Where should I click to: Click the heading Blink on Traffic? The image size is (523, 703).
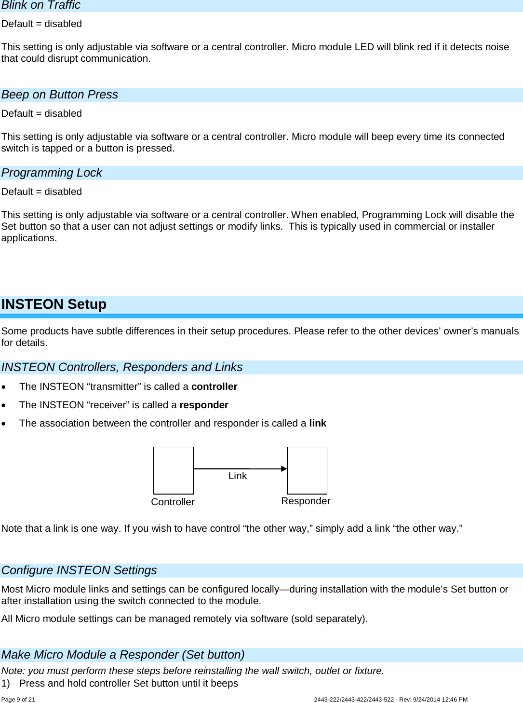point(41,5)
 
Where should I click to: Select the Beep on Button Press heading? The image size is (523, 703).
point(60,95)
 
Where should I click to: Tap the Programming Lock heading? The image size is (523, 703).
point(52,173)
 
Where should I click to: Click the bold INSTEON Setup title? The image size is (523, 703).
point(54,304)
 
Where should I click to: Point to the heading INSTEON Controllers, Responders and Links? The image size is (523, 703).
point(122,367)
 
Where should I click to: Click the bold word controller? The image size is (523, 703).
point(214,386)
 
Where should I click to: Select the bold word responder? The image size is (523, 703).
point(204,405)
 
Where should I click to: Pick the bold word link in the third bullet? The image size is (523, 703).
point(318,423)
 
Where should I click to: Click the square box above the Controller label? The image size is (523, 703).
point(174,470)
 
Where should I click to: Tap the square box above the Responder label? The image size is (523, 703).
point(307,470)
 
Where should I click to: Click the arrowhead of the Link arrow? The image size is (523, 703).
point(284,469)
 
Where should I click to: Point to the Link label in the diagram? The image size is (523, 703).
point(238,476)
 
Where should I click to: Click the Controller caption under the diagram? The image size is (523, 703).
point(173,502)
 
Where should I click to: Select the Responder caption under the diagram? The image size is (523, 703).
point(306,501)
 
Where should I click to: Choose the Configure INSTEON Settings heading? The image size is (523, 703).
point(79,570)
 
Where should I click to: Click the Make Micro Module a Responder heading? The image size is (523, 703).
point(123,655)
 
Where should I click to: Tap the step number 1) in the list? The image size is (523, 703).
point(6,683)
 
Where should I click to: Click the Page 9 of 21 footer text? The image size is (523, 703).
point(18,699)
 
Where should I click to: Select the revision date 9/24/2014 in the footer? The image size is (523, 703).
point(426,699)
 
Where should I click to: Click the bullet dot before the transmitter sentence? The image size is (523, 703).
point(4,387)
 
